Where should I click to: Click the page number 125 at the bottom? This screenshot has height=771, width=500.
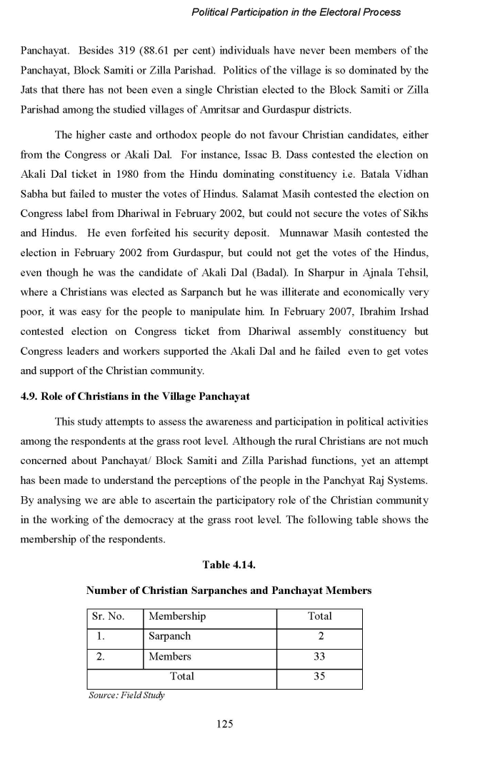point(225,724)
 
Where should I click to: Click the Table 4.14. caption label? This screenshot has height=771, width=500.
point(229,565)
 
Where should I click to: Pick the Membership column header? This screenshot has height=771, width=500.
point(177,616)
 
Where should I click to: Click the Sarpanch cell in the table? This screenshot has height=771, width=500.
point(170,636)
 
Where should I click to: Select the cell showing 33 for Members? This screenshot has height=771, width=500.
point(319,656)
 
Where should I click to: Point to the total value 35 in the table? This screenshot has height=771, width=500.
point(319,676)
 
